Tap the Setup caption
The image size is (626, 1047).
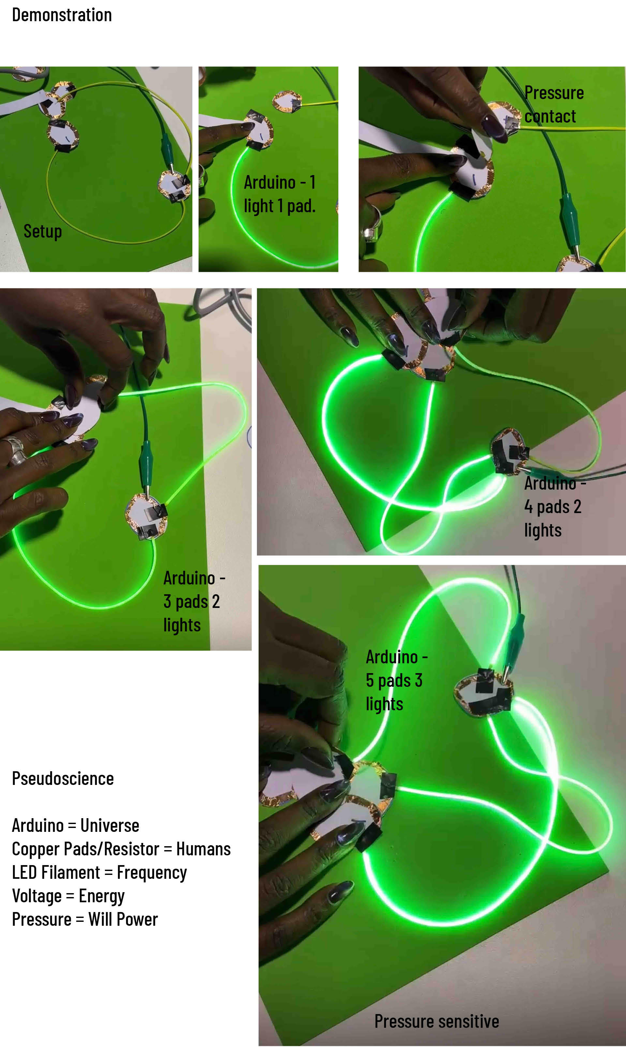[x=43, y=231]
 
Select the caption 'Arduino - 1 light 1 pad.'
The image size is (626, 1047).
[x=280, y=194]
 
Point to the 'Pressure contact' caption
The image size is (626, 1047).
[x=554, y=104]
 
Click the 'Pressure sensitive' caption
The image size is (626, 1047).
[x=437, y=1021]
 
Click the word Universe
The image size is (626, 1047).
[x=110, y=825]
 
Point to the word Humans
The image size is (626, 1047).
[x=203, y=849]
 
